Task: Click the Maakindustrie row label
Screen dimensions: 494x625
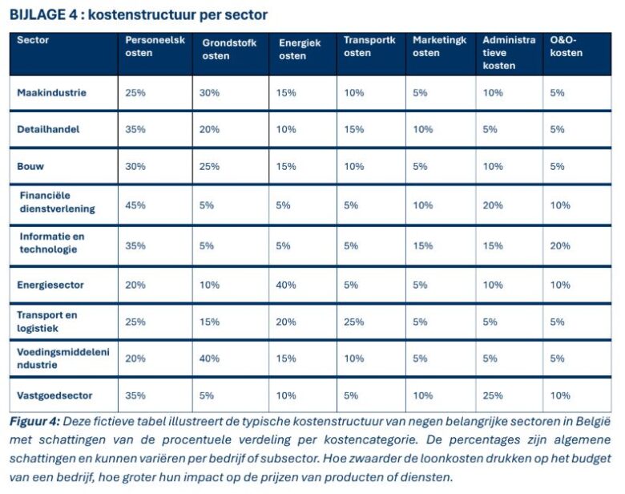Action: [x=51, y=93]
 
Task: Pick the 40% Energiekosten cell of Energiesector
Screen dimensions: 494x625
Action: [x=288, y=285]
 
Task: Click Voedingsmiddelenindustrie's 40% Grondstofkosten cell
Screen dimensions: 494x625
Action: [x=209, y=358]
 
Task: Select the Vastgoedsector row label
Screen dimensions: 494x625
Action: [x=54, y=395]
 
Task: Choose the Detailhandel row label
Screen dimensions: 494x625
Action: [x=49, y=129]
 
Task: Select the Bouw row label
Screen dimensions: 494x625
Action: [x=30, y=166]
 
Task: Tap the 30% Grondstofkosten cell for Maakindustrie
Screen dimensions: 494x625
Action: [x=209, y=93]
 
